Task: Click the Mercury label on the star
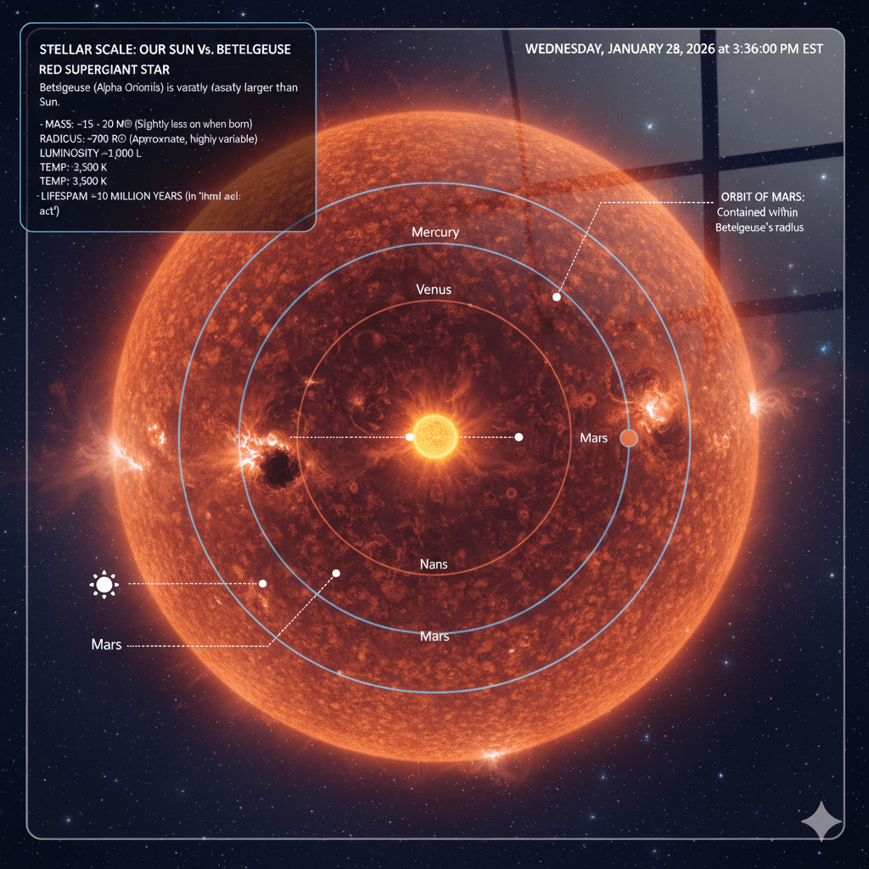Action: [x=434, y=232]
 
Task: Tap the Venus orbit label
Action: [x=434, y=289]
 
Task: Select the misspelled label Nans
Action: [x=434, y=563]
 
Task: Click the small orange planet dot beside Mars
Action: [x=629, y=438]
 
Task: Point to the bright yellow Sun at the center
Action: [x=435, y=437]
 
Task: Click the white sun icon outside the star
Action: [x=104, y=584]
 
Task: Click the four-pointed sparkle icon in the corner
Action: [x=821, y=821]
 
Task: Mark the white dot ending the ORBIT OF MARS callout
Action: [x=557, y=297]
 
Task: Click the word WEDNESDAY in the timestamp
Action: [x=563, y=49]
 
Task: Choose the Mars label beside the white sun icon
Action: [x=106, y=645]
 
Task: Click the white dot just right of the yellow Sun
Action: [x=519, y=437]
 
